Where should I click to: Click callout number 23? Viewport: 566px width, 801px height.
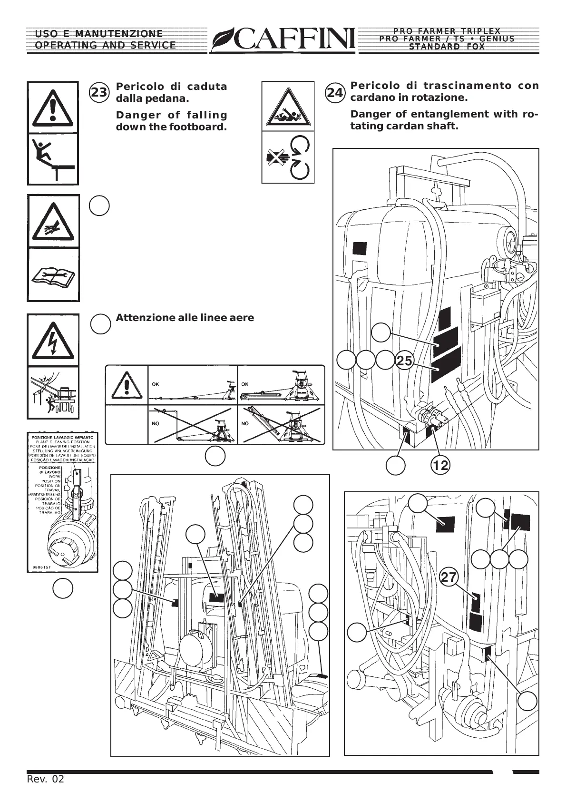point(99,93)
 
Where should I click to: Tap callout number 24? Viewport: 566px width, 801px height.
point(335,93)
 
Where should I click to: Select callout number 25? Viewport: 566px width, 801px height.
point(404,361)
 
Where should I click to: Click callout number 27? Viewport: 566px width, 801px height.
point(449,577)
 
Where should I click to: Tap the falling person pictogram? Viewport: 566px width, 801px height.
point(53,159)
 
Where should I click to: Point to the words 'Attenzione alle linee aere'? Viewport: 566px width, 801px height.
point(185,318)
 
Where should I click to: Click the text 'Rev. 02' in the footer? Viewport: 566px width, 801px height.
point(45,779)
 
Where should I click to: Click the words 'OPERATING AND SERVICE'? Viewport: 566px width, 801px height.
point(105,46)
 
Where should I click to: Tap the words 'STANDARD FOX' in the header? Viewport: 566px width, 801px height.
point(447,47)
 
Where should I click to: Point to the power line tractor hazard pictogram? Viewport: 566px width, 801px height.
point(53,392)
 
